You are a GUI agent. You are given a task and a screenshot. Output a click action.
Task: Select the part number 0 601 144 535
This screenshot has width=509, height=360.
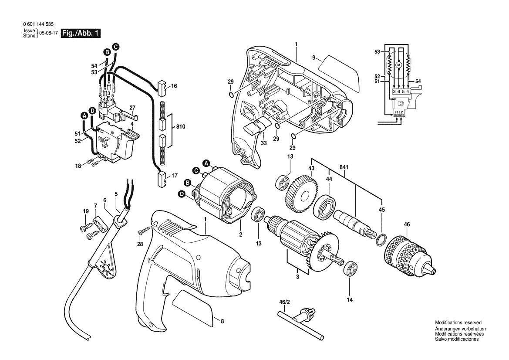click(x=39, y=25)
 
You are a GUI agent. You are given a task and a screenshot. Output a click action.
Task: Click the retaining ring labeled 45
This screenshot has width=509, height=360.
click(x=380, y=238)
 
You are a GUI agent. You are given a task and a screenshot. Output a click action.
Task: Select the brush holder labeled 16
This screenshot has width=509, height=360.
click(x=161, y=87)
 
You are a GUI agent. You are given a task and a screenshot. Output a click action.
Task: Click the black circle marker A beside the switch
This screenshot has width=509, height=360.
click(x=84, y=115)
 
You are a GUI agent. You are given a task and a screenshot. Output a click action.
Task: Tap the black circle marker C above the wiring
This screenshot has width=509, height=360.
click(x=115, y=46)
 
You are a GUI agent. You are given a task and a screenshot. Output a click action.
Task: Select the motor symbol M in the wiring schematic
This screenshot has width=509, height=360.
click(x=398, y=65)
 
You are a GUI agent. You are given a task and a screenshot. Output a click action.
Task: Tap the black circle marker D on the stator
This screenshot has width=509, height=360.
click(x=181, y=194)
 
